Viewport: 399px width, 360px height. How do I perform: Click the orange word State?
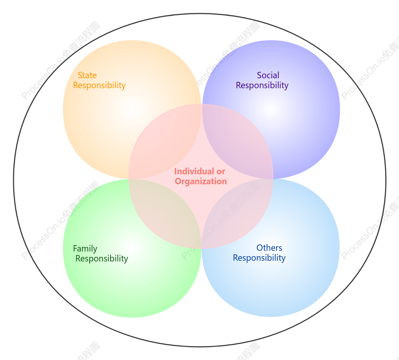[87, 75]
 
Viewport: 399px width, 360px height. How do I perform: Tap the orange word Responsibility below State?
[99, 85]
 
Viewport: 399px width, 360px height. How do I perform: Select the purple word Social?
[268, 75]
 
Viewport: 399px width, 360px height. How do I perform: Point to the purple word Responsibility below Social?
[262, 85]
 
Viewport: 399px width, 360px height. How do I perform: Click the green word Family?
[85, 249]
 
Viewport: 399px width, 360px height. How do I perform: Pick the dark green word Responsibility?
[102, 259]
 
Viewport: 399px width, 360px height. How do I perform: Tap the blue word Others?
[269, 248]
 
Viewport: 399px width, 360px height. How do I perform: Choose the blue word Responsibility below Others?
[259, 258]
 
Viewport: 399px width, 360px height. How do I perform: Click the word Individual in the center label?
[194, 171]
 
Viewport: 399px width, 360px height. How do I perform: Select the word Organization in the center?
[201, 181]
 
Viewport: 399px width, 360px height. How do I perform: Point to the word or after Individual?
[221, 172]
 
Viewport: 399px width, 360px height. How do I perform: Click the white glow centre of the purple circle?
[271, 110]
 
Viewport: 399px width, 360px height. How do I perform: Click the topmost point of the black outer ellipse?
[200, 14]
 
